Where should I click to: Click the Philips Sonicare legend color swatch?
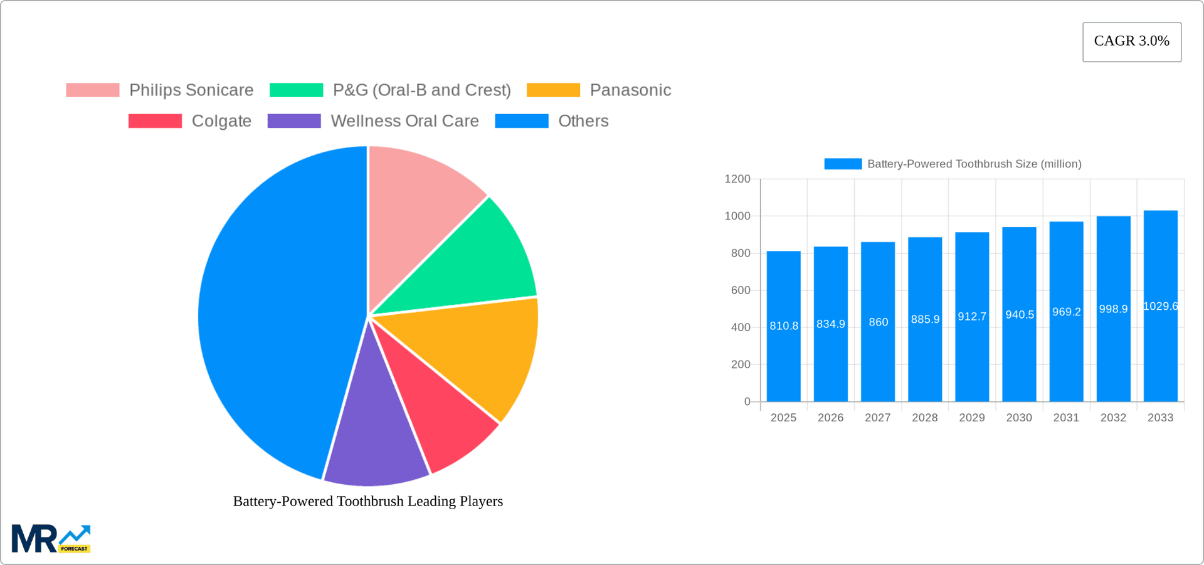point(93,90)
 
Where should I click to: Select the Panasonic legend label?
point(630,90)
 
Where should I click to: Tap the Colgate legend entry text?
point(221,121)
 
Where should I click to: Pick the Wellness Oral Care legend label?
point(404,121)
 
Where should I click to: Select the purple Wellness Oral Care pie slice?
point(375,439)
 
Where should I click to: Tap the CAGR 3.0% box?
point(1132,42)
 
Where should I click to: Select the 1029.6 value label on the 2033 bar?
point(1160,307)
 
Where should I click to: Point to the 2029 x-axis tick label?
point(972,418)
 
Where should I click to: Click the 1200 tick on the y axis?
point(737,179)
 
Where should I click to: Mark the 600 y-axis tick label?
point(741,290)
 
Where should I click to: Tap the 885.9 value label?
point(925,320)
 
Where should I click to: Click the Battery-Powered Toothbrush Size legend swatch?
point(843,164)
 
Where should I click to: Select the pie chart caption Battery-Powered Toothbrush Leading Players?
point(368,502)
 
